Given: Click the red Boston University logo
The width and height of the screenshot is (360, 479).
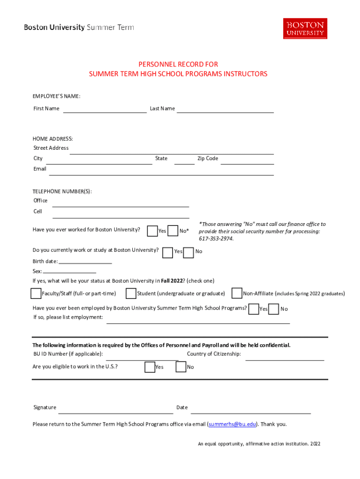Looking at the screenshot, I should (x=305, y=29).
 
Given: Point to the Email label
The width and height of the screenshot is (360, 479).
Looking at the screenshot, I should (x=40, y=169).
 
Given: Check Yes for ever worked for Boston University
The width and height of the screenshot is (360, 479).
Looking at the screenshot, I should (x=152, y=231).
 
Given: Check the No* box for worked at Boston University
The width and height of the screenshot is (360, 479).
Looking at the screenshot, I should (x=173, y=231).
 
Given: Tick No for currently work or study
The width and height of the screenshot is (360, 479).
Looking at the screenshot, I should (x=188, y=253).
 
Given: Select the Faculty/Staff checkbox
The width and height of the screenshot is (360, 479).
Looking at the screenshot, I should (x=36, y=294).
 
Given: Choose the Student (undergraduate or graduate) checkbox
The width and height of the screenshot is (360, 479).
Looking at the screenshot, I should (x=131, y=294).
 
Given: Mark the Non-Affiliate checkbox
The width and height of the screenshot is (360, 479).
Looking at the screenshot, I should (x=237, y=294).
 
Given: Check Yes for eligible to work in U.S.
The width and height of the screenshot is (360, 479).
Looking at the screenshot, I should (x=150, y=367).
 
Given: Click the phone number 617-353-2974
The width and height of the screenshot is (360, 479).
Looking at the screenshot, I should (x=216, y=239).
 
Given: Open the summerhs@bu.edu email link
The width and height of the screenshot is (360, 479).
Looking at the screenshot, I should (x=232, y=424).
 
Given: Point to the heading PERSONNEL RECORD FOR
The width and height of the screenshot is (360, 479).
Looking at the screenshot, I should (x=178, y=65).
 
